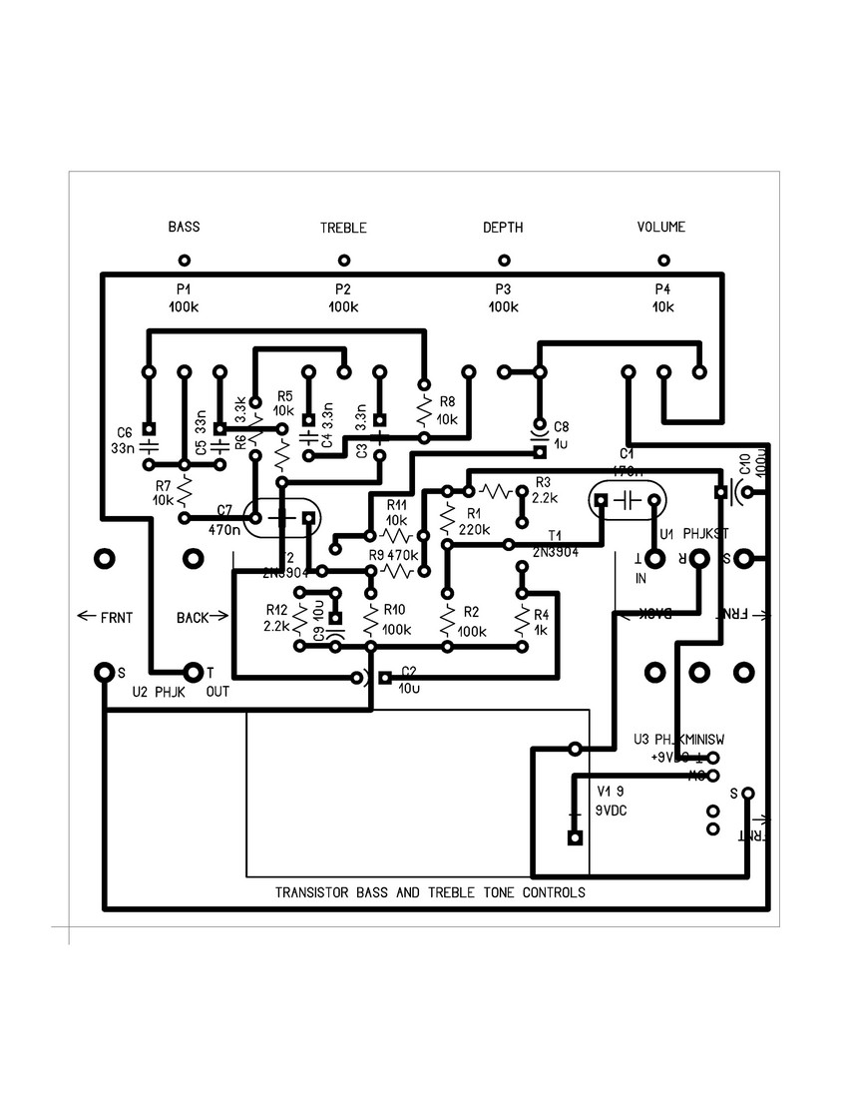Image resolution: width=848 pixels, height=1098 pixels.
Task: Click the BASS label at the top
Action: [x=184, y=227]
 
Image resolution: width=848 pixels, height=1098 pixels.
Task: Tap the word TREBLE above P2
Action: [x=343, y=228]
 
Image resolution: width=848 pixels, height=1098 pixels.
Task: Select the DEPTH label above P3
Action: [x=503, y=228]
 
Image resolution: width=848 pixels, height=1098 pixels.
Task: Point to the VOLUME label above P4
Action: [x=661, y=227]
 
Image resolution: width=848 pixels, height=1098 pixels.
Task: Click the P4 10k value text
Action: [x=662, y=307]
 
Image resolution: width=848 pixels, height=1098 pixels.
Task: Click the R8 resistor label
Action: [x=446, y=402]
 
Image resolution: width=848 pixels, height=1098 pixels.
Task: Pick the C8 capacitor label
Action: [x=562, y=426]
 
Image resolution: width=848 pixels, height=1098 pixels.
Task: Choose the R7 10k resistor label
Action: [x=163, y=492]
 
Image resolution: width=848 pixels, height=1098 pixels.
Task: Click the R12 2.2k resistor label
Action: [x=276, y=617]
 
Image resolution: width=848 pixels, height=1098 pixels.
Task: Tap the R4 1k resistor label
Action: [x=542, y=622]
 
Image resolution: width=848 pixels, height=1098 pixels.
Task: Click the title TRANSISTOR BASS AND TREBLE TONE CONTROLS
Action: [x=430, y=892]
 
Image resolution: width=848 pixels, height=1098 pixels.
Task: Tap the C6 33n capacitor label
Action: [x=124, y=439]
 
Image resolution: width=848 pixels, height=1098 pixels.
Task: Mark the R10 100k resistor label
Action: [x=395, y=619]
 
